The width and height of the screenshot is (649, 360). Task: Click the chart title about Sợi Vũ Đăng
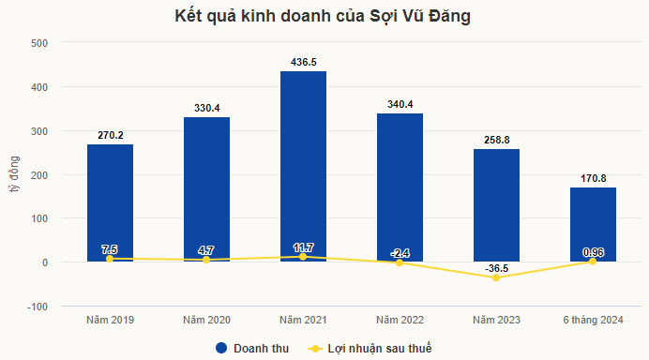tap(324, 17)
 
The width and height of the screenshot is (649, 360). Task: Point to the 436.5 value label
tap(303, 62)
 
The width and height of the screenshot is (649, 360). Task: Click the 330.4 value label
tap(206, 108)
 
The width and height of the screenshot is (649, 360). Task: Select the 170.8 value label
tap(593, 178)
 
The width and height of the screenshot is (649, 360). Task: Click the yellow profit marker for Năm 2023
tap(496, 277)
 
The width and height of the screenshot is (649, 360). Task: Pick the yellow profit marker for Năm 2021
tap(303, 256)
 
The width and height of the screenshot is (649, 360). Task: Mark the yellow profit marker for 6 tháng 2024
tap(593, 261)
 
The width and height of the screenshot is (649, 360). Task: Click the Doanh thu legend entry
tap(249, 348)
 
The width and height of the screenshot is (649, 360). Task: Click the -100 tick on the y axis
tap(38, 307)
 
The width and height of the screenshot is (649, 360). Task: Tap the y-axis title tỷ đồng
tap(14, 174)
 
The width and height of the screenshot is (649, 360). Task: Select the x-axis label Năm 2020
tap(206, 321)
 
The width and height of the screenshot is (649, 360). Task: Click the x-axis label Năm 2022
tap(400, 321)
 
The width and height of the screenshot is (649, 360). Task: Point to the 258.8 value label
tap(496, 140)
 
